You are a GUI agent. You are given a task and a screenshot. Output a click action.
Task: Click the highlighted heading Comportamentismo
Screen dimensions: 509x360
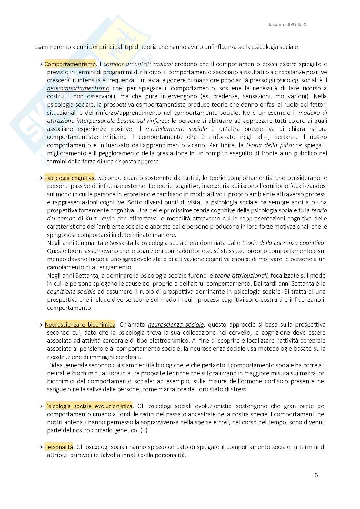[70, 64]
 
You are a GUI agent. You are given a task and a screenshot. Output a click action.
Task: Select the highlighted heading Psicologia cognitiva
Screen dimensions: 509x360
[69, 178]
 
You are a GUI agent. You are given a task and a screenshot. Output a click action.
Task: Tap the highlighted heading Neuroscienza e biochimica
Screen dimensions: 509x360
[80, 324]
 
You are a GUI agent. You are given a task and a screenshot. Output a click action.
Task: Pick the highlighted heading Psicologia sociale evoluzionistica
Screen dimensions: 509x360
[89, 406]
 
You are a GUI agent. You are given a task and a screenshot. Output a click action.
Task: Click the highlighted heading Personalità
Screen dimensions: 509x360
[58, 447]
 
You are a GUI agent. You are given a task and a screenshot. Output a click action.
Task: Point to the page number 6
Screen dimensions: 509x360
[316, 475]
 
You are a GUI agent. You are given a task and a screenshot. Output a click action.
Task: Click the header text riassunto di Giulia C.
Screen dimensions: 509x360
[287, 24]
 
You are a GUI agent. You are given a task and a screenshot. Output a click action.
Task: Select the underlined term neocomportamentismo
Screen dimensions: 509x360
[78, 88]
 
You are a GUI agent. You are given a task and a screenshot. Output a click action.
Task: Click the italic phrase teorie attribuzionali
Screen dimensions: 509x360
[241, 275]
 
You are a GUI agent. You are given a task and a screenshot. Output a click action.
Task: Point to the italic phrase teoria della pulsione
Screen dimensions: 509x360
[274, 145]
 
